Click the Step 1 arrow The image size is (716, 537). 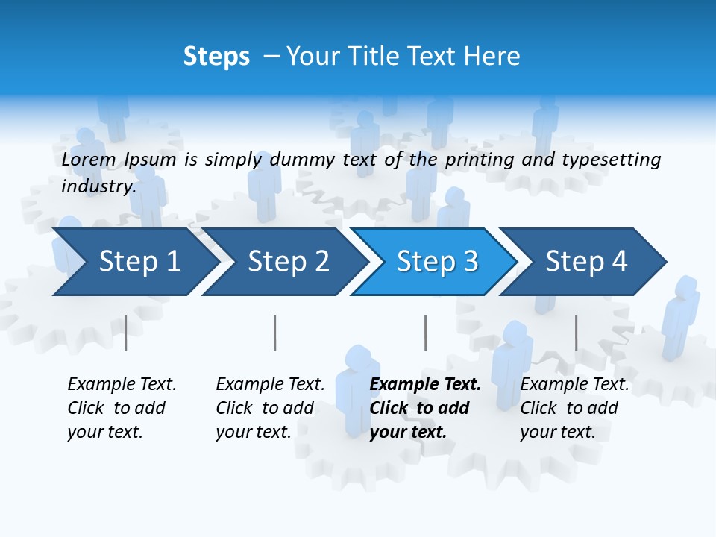tap(134, 262)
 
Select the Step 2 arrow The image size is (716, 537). tap(287, 262)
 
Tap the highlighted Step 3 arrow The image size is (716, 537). tap(436, 262)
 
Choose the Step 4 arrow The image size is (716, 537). tap(585, 262)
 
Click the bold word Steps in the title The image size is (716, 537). tap(216, 57)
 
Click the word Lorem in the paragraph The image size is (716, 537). tap(88, 159)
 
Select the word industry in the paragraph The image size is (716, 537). tap(98, 186)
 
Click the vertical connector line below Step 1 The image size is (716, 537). tap(125, 333)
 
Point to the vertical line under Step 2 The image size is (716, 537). tap(274, 333)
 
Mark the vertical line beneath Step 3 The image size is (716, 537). tap(425, 333)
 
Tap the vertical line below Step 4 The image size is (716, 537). tap(576, 333)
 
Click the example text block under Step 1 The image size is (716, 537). tap(122, 408)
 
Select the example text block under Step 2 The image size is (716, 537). tap(270, 408)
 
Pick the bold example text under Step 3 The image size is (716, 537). tap(425, 408)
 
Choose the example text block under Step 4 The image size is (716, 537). tap(574, 408)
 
